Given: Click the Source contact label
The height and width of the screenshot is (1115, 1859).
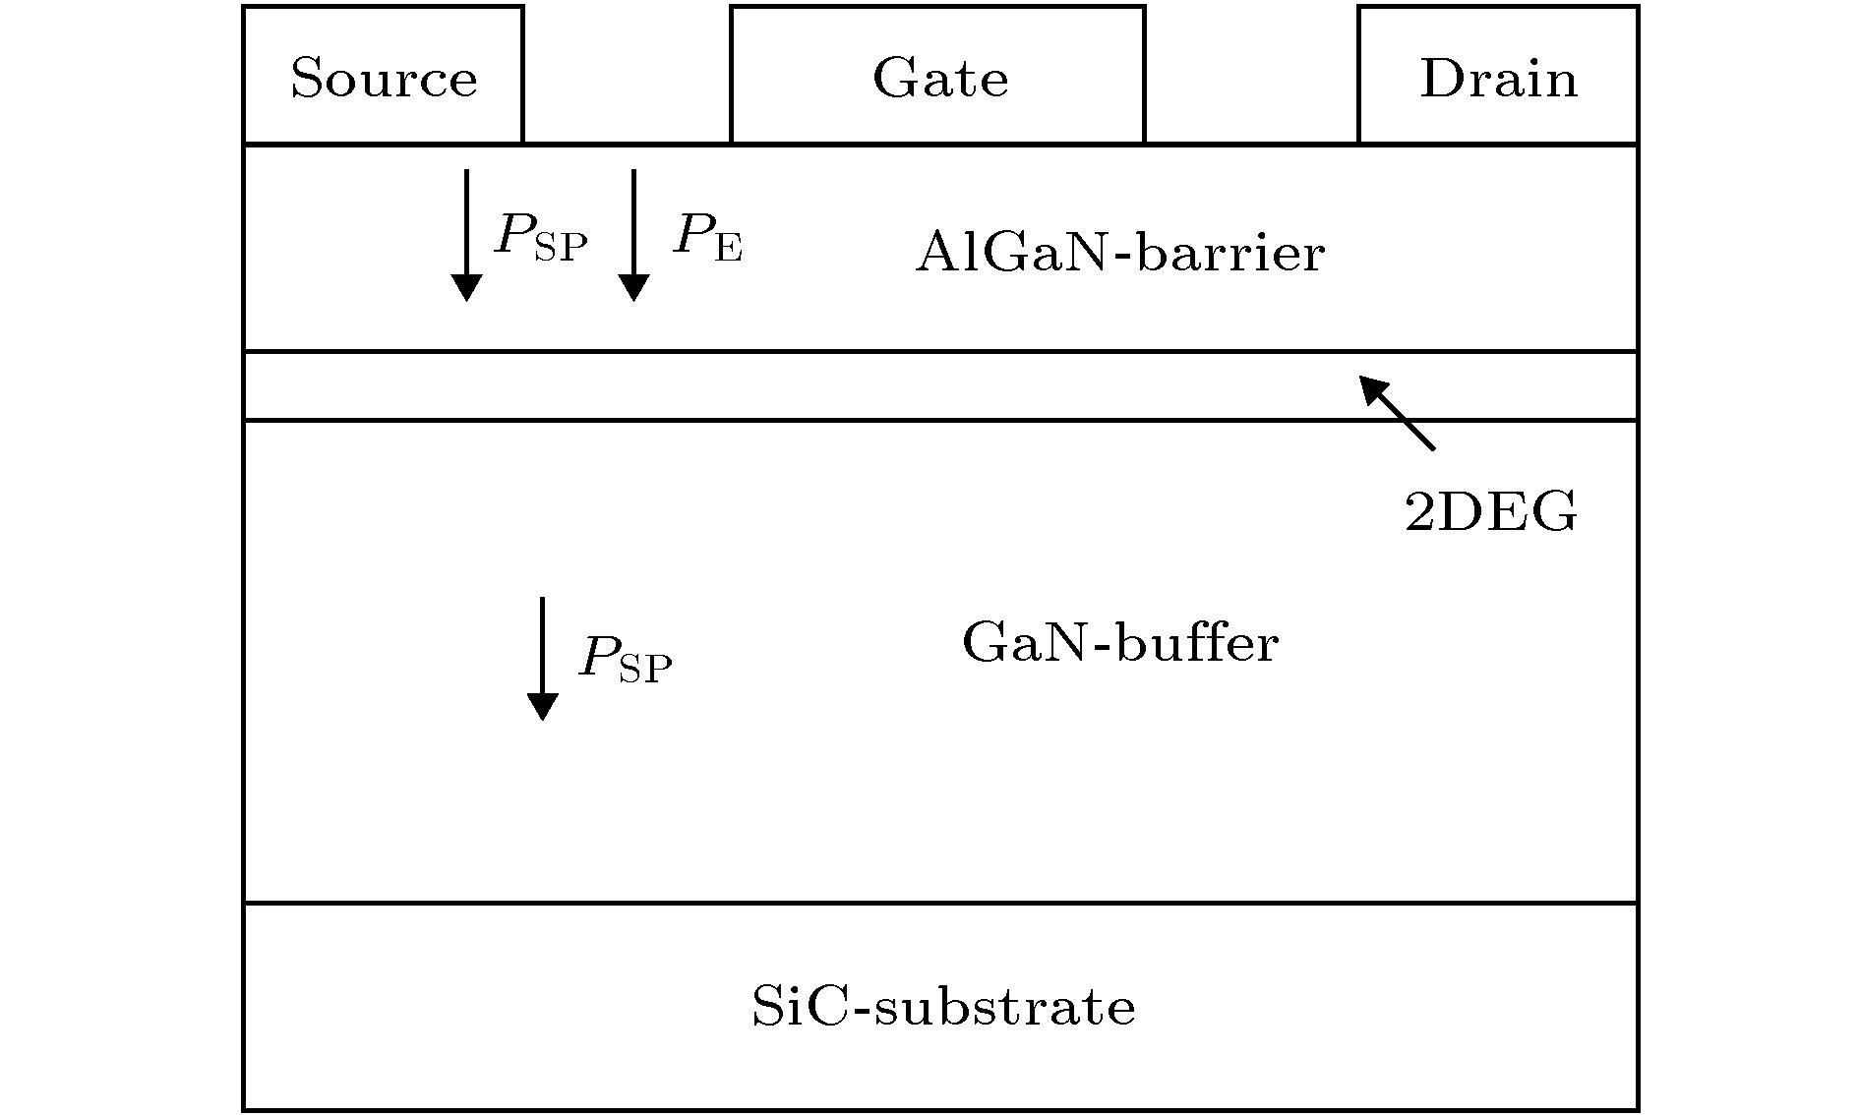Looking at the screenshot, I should pyautogui.click(x=384, y=79).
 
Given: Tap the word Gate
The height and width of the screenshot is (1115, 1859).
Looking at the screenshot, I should pyautogui.click(x=939, y=79).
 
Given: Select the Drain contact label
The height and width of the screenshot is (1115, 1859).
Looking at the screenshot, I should pyautogui.click(x=1498, y=79).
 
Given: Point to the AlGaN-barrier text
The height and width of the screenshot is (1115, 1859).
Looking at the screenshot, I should pyautogui.click(x=1120, y=254).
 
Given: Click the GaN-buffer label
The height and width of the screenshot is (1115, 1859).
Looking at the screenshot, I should pyautogui.click(x=1120, y=644).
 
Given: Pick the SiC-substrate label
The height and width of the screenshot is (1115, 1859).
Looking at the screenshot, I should pyautogui.click(x=943, y=1007).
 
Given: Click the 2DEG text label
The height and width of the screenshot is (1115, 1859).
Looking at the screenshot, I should pyautogui.click(x=1490, y=512).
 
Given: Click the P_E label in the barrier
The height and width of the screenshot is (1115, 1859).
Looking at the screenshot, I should pyautogui.click(x=707, y=239).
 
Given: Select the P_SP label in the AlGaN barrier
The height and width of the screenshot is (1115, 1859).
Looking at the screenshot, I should pyautogui.click(x=540, y=239).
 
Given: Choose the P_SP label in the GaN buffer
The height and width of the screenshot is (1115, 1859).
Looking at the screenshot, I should pyautogui.click(x=626, y=660).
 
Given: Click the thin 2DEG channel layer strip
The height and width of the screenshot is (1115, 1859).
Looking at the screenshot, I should pyautogui.click(x=787, y=385).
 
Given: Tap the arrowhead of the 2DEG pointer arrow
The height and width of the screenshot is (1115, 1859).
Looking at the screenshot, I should pyautogui.click(x=1372, y=388).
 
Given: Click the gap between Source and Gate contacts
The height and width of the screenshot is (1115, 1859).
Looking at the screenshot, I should pyautogui.click(x=627, y=75).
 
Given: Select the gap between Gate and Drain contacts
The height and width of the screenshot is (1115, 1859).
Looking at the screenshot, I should pyautogui.click(x=1251, y=75).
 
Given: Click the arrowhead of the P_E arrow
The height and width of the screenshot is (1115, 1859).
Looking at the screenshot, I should pyautogui.click(x=633, y=288).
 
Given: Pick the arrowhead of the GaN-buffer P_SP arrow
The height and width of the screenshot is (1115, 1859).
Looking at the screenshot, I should pyautogui.click(x=543, y=707).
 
